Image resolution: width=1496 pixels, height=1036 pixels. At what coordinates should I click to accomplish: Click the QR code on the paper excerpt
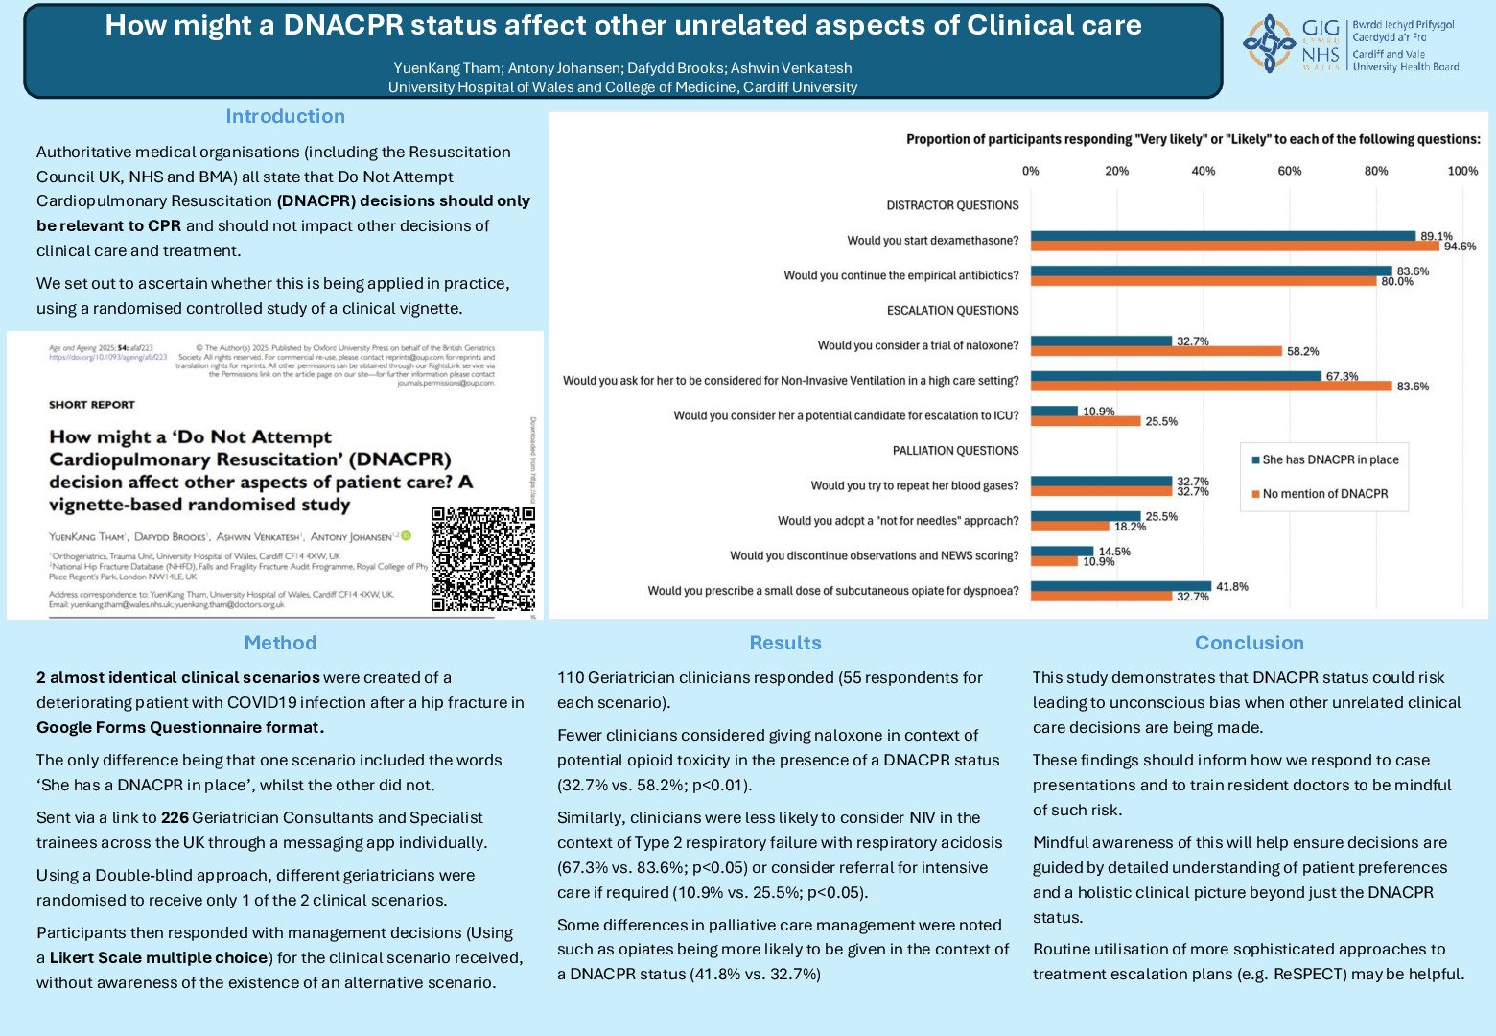click(482, 559)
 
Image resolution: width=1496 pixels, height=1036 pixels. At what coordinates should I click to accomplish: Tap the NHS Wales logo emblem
click(1269, 43)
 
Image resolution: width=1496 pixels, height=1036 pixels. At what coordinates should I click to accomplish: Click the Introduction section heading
click(285, 116)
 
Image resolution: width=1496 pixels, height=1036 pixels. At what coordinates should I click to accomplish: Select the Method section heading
click(280, 643)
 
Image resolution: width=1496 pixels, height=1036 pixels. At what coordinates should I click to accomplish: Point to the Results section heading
click(785, 643)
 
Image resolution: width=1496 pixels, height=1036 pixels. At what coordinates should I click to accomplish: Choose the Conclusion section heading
click(1249, 643)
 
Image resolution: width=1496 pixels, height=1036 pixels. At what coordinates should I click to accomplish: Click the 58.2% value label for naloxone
click(1302, 351)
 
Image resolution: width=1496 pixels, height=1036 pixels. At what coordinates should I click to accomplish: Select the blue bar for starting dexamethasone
click(1223, 236)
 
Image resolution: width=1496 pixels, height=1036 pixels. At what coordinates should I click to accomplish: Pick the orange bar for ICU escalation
click(1086, 421)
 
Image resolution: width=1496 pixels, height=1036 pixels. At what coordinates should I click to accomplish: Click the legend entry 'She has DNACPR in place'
click(1330, 460)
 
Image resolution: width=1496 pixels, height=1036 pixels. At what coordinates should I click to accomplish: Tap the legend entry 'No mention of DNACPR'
click(1324, 494)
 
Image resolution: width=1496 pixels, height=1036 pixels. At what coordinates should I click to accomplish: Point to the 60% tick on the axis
click(1289, 171)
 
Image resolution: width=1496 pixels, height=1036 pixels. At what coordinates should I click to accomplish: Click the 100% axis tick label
click(1461, 171)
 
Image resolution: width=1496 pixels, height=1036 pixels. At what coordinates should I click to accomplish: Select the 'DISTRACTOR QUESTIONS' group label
click(952, 205)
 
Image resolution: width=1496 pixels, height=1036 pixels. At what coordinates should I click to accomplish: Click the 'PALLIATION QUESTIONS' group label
click(955, 451)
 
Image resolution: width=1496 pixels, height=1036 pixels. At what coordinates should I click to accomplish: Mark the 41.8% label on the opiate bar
click(1231, 586)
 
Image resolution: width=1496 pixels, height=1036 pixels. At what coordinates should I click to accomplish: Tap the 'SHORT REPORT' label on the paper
click(92, 405)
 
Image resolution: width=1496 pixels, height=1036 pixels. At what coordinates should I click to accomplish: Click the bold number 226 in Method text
click(175, 817)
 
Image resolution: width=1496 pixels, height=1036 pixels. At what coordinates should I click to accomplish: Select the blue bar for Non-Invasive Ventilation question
click(1176, 376)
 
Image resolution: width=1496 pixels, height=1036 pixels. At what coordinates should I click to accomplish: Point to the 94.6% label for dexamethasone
click(1460, 247)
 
